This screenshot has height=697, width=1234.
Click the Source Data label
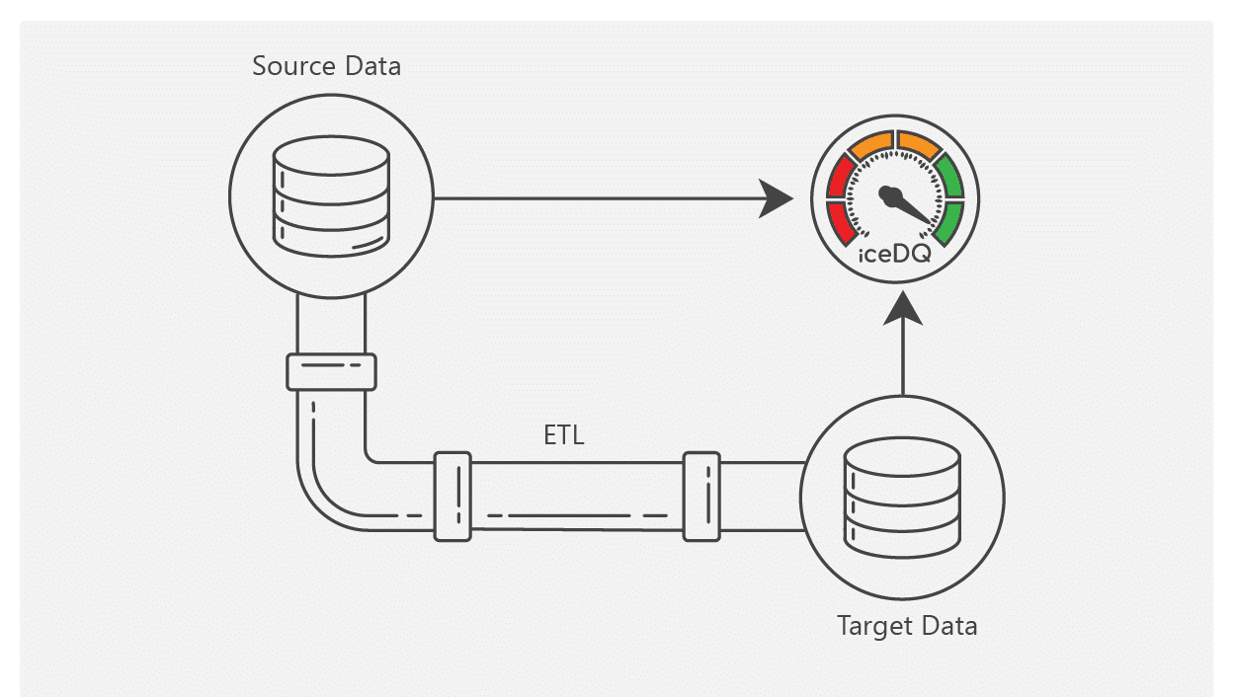pos(326,67)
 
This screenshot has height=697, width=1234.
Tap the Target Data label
pos(907,626)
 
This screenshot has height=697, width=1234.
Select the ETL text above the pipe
pos(564,435)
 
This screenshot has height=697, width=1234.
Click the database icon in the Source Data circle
pos(331,193)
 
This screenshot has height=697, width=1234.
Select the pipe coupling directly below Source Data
pos(331,372)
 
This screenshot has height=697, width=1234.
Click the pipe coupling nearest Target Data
pos(701,497)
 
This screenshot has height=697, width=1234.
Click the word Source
pos(287,67)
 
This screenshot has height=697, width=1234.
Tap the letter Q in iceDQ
pos(921,255)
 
